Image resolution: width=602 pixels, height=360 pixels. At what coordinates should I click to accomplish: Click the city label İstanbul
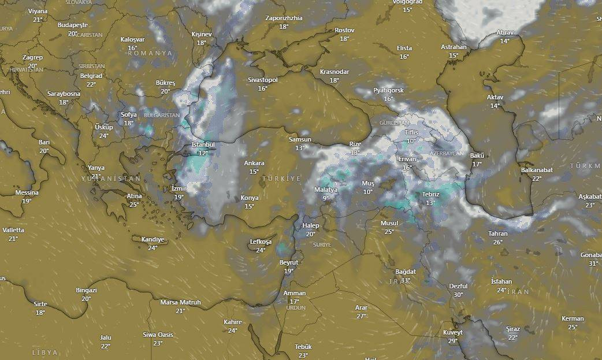point(203,144)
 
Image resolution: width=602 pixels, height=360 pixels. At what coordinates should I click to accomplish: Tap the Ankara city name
point(254,164)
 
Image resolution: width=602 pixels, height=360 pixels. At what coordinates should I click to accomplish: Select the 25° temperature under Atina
point(134,205)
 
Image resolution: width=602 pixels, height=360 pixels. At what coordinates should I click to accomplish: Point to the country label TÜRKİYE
point(281,179)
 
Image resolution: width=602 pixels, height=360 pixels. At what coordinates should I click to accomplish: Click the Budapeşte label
point(73,25)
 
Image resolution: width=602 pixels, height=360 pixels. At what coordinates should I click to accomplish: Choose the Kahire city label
point(232,322)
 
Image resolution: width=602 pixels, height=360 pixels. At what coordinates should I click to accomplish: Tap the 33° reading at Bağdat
point(406,280)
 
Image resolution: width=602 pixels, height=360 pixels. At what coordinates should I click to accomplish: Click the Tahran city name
point(497,233)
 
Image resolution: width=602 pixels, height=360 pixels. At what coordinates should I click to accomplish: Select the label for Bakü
point(477,155)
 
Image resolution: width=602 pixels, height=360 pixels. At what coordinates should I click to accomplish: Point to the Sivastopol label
point(263,80)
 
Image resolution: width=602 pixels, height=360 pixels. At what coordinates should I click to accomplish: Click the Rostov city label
point(344,30)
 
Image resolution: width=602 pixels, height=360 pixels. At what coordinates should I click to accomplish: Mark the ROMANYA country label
point(150,53)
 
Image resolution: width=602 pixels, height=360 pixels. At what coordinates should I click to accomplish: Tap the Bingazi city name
point(86,290)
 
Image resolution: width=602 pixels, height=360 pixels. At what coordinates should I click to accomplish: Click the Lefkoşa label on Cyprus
point(261,242)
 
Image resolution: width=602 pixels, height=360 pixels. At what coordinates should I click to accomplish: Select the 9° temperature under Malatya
point(325,198)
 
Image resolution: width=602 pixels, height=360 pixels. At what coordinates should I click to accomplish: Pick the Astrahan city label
point(454,47)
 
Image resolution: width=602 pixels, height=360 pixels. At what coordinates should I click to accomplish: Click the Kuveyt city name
point(453,332)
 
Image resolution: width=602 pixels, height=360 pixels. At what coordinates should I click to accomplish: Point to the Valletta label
point(13,230)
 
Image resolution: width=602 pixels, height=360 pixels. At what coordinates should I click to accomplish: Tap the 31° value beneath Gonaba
point(593,263)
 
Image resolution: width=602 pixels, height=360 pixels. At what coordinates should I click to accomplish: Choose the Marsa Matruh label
point(180,302)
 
